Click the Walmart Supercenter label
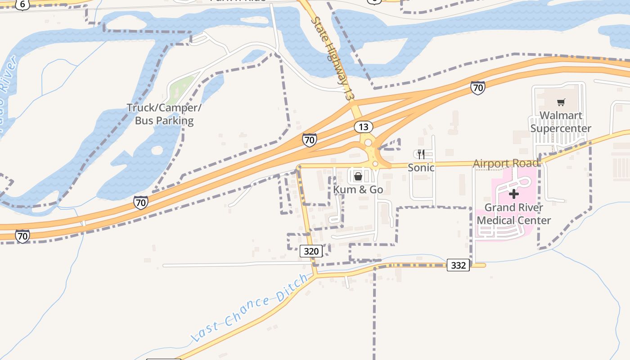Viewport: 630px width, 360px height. tap(561, 122)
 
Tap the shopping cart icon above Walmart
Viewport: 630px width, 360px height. tap(561, 103)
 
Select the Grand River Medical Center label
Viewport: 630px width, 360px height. tap(514, 214)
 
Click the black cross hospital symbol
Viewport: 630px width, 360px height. tap(514, 194)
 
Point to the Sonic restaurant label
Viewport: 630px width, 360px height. tap(421, 167)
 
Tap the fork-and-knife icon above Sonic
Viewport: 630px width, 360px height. tap(421, 154)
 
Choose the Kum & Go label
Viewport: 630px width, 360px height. tap(358, 189)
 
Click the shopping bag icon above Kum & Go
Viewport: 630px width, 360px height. tap(358, 176)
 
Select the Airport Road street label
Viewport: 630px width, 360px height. tap(506, 163)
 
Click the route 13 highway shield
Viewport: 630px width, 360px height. tap(363, 127)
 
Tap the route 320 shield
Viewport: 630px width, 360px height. tap(311, 251)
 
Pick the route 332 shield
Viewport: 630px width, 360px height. tap(458, 265)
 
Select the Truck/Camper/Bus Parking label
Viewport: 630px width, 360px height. tap(164, 114)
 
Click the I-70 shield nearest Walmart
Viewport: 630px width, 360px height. tap(478, 88)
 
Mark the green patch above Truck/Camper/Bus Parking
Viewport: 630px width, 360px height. tap(182, 85)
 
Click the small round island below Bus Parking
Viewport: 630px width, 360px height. tap(157, 150)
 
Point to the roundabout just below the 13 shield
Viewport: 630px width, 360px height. tap(368, 143)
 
